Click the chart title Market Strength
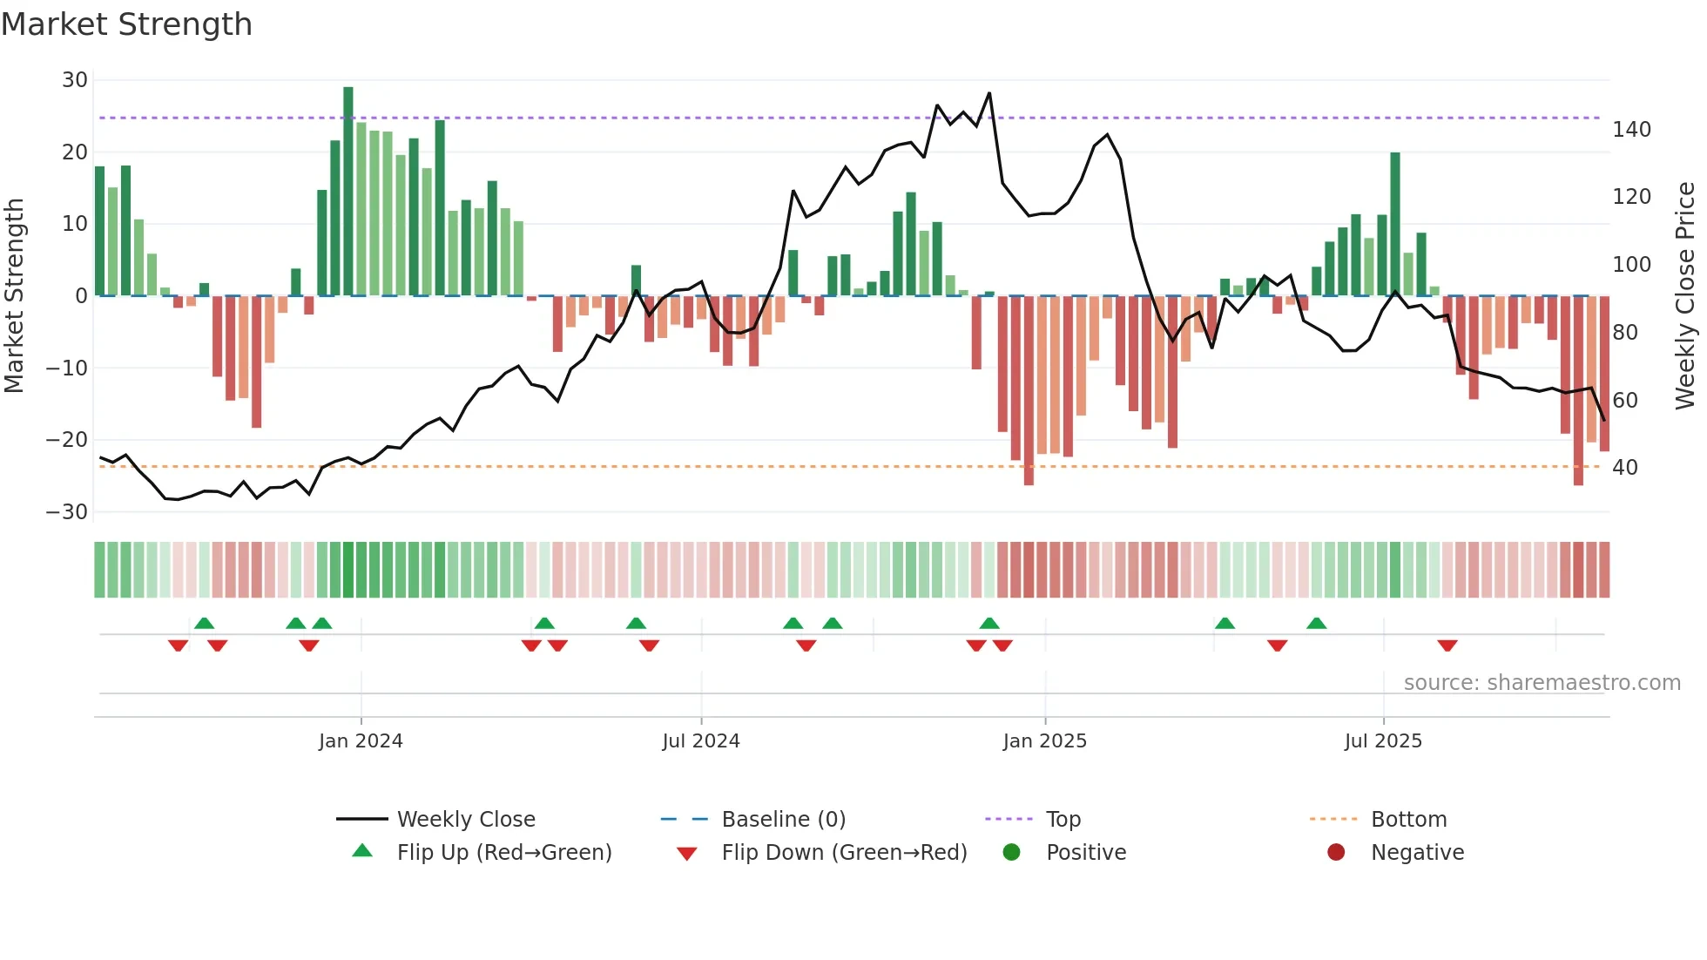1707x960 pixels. tap(127, 24)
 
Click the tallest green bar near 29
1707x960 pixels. tap(348, 192)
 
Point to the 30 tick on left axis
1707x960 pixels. tap(75, 80)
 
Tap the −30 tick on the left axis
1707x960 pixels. tap(68, 512)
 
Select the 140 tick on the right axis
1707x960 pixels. tap(1631, 130)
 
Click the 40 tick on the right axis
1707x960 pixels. tap(1625, 468)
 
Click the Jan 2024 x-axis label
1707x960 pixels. tap(361, 741)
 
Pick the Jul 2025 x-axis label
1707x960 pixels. tap(1383, 741)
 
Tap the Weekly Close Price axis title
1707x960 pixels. tap(1685, 296)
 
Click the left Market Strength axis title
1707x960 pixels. tap(14, 296)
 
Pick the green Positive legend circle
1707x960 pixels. tap(1011, 852)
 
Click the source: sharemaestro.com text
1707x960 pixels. tap(1542, 683)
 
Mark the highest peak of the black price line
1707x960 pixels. tap(989, 93)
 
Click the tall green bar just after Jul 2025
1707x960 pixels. tap(1395, 224)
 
